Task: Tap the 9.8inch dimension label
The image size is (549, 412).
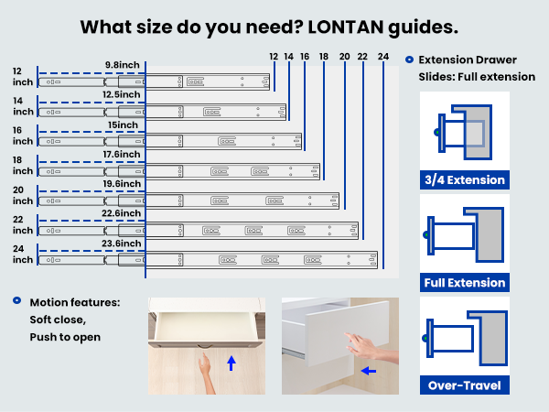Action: [123, 65]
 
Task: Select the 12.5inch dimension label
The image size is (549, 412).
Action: [123, 94]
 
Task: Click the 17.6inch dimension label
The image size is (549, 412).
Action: [123, 154]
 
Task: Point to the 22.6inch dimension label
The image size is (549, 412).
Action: [123, 213]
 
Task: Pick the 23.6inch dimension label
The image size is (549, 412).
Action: [123, 244]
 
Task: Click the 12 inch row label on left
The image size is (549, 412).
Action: [22, 77]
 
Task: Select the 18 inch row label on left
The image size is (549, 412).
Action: [22, 166]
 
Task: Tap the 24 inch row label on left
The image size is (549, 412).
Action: [22, 255]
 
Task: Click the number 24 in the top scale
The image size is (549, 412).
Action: [382, 57]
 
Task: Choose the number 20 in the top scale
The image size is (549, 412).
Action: [343, 57]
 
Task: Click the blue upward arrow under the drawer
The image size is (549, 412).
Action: [231, 363]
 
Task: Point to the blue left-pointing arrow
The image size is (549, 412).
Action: [366, 372]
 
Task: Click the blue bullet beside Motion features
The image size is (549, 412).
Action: [16, 300]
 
